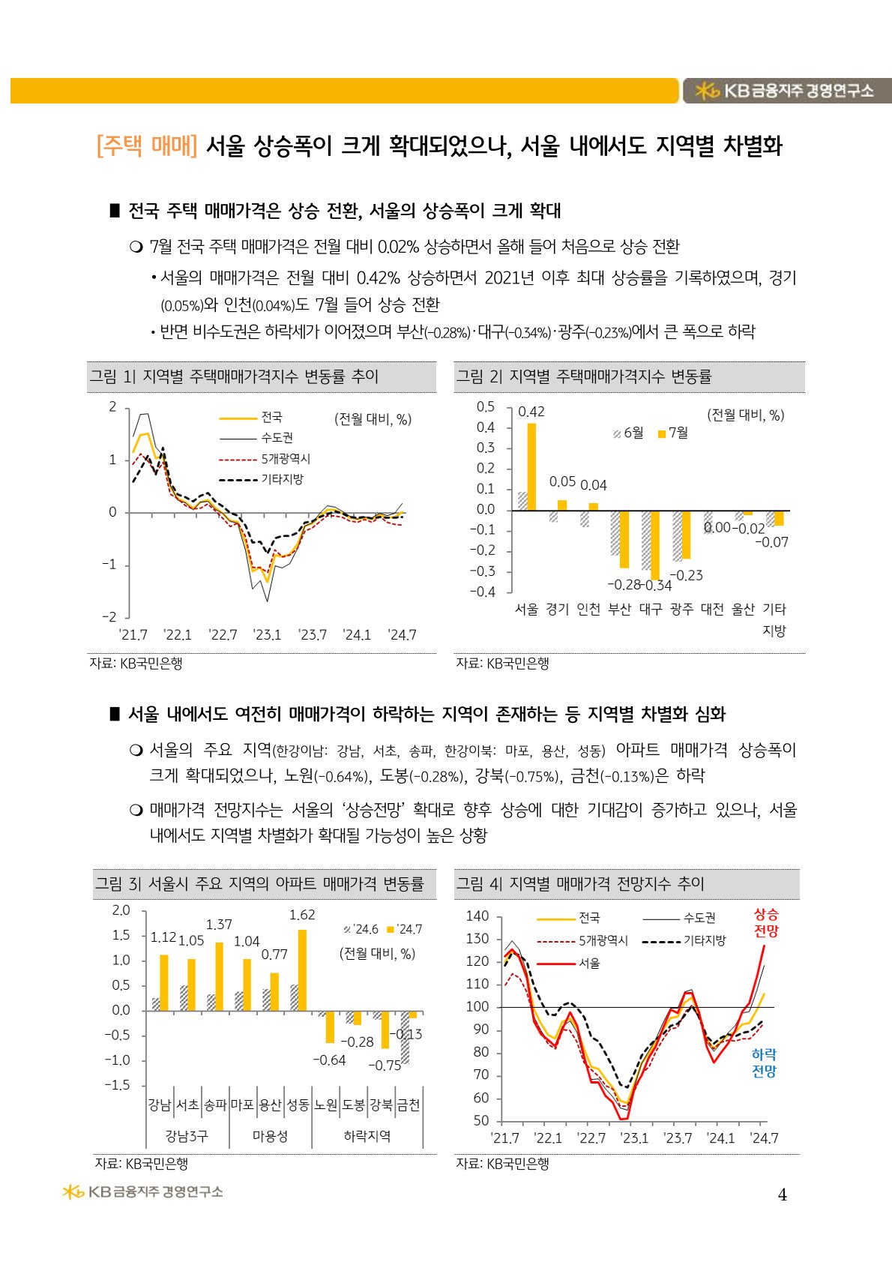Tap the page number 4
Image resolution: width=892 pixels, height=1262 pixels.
(782, 1195)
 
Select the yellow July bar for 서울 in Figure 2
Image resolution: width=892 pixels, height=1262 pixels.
(531, 466)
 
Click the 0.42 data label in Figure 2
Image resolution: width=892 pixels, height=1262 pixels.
(531, 412)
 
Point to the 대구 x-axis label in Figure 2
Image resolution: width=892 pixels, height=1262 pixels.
(650, 609)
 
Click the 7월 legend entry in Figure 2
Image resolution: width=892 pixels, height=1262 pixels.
(673, 433)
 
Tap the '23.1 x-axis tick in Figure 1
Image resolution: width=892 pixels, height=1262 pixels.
(268, 635)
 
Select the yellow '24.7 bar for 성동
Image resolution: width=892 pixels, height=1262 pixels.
(302, 970)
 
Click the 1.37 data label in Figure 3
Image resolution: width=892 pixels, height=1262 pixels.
(219, 925)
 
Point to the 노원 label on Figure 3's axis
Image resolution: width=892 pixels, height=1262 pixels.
(326, 1105)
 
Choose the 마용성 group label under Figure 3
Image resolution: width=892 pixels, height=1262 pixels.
(270, 1136)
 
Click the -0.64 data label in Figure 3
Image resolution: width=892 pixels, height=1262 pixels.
(328, 1060)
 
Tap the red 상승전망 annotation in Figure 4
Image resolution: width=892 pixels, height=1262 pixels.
(766, 923)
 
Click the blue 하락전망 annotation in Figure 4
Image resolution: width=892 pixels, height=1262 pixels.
(764, 1063)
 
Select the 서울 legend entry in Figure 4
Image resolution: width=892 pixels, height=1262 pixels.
(589, 963)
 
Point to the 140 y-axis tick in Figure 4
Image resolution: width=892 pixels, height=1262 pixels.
(477, 916)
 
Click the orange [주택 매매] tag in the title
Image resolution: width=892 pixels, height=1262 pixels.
(147, 145)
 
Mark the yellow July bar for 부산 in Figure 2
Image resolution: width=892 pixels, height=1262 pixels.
(624, 539)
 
